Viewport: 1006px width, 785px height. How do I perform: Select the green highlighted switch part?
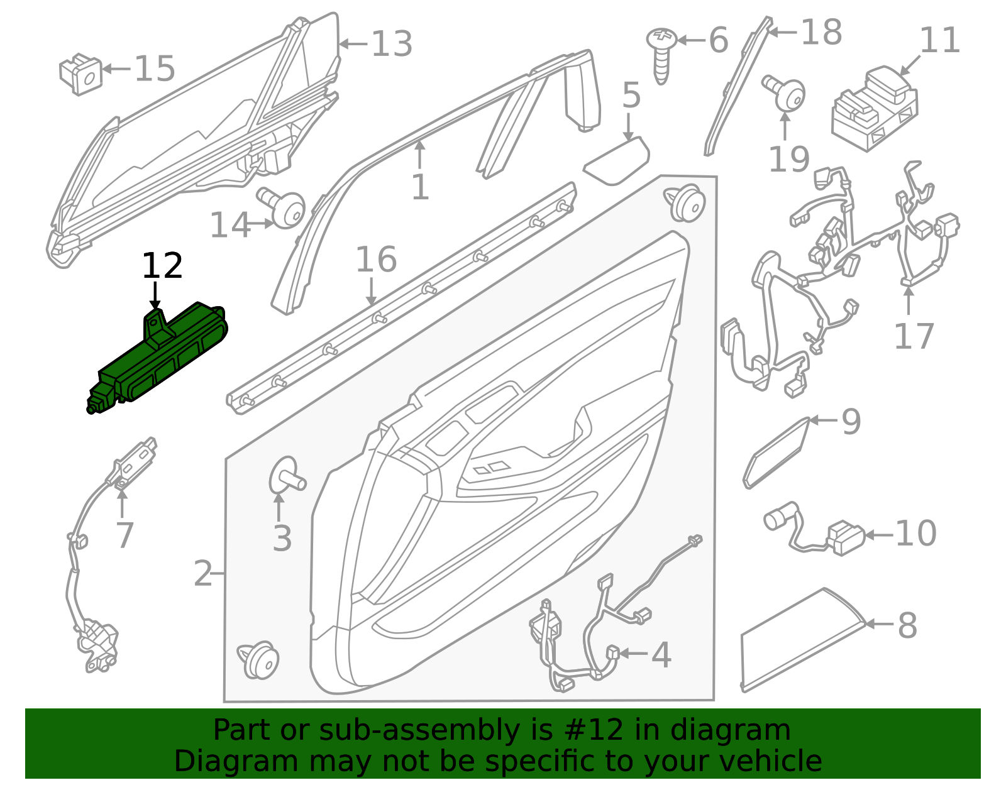157,358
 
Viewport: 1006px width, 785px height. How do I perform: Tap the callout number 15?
155,69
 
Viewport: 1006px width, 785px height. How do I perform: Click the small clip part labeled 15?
80,74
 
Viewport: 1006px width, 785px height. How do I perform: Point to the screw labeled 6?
661,55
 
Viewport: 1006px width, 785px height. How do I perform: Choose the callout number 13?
392,44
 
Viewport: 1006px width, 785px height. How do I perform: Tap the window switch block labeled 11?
875,109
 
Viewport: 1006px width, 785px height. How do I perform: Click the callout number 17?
914,336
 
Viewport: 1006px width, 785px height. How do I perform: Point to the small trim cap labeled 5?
616,161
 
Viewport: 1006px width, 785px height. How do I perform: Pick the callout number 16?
376,259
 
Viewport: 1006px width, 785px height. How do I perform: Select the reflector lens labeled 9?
777,453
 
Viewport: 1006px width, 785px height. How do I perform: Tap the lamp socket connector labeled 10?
814,529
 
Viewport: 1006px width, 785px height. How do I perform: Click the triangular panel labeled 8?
802,640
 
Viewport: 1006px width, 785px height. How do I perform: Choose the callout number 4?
661,655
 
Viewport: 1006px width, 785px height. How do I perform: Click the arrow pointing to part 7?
122,503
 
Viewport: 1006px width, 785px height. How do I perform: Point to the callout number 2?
203,574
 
